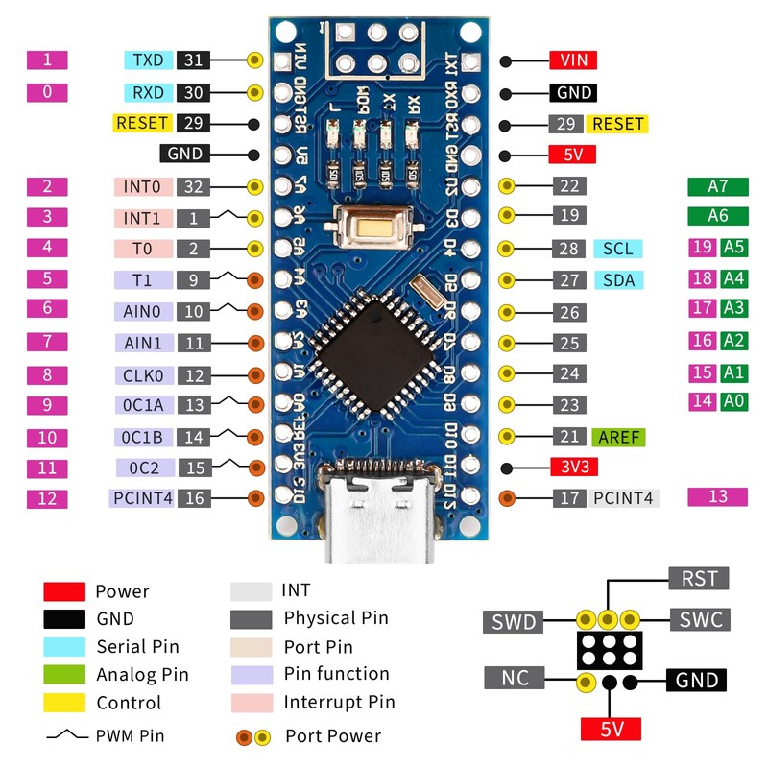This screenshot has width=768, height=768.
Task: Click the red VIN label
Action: click(x=573, y=60)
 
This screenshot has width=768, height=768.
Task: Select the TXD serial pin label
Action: click(x=148, y=60)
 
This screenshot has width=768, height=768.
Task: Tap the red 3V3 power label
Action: click(x=573, y=468)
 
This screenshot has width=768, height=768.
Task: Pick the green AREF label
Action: click(x=618, y=437)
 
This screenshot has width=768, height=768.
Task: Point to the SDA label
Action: click(x=617, y=280)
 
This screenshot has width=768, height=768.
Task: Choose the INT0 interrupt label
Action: click(x=142, y=187)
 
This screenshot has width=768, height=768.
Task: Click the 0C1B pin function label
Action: click(x=143, y=437)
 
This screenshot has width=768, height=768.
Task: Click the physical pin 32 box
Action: click(x=193, y=187)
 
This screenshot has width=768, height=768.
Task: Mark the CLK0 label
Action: click(x=143, y=374)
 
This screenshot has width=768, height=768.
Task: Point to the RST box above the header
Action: click(x=698, y=578)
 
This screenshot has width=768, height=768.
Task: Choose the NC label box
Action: click(x=514, y=678)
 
